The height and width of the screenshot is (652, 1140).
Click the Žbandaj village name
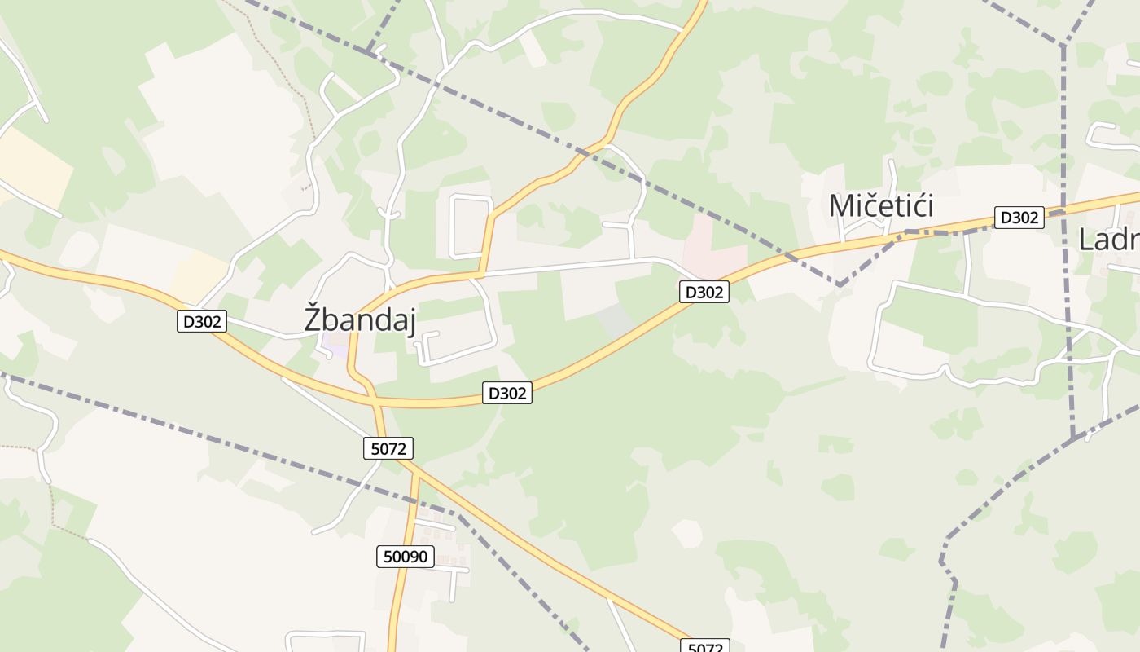[x=360, y=319]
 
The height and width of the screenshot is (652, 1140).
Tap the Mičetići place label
[x=880, y=206]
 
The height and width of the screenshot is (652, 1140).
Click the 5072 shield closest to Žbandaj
[x=388, y=447]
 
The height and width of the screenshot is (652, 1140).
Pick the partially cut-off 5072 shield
[x=705, y=646]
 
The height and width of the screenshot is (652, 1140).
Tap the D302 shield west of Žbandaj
[x=202, y=322]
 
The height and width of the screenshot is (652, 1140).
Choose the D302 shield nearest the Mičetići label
[x=1019, y=218]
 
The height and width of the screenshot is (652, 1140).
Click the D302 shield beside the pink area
[x=704, y=292]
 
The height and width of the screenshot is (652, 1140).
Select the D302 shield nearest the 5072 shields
[x=506, y=394]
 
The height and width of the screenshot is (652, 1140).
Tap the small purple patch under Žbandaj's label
[x=334, y=341]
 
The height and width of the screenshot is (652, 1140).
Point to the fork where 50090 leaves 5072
[x=414, y=470]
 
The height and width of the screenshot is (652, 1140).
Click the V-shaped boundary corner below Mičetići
[x=839, y=284]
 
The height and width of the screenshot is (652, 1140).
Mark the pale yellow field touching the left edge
[x=33, y=167]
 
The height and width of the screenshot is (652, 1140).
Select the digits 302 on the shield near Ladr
[x=1025, y=218]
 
